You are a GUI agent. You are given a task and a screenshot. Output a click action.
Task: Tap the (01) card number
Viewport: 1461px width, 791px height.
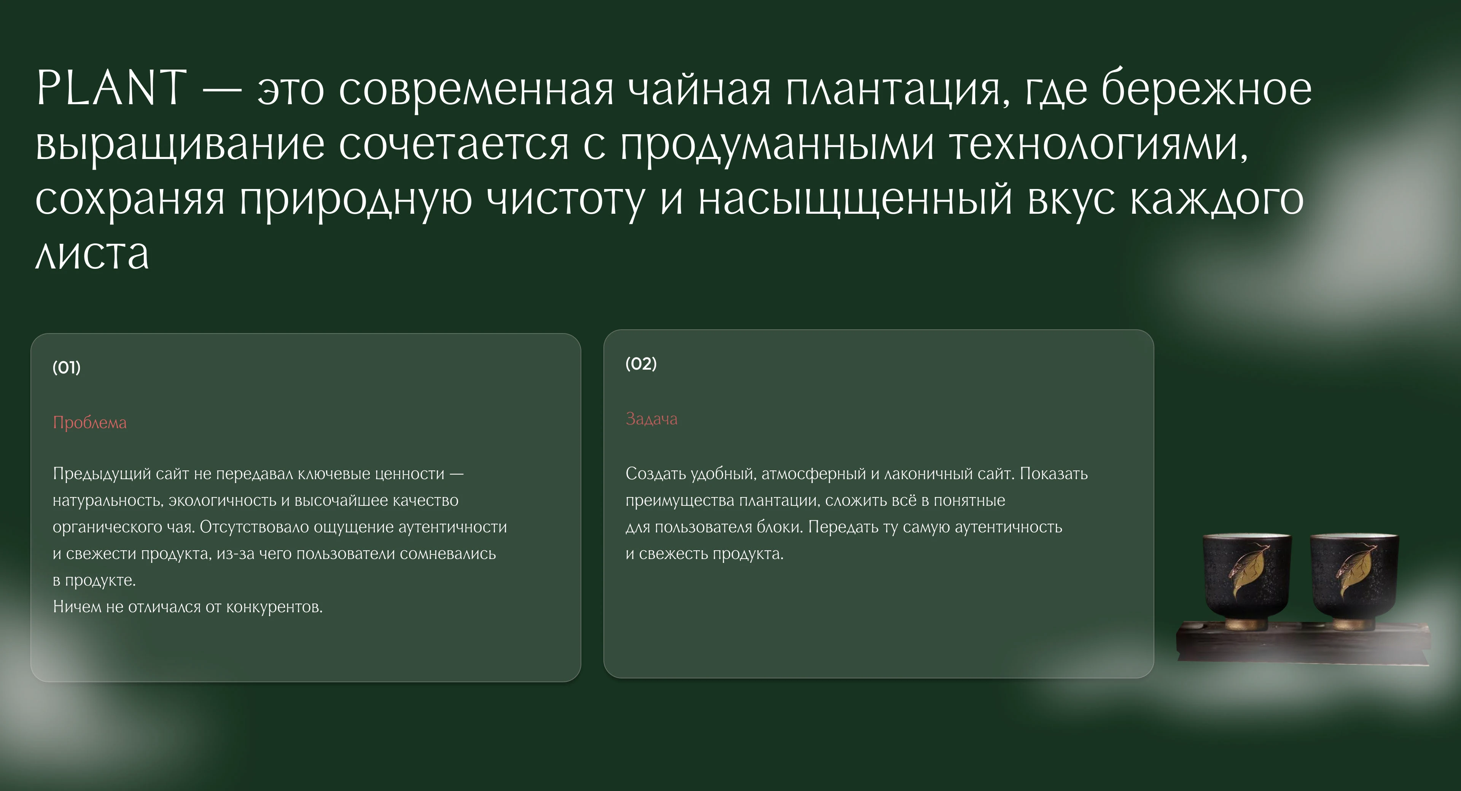(x=66, y=367)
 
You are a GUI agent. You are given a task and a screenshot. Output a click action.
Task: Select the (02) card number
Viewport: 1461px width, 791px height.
(x=641, y=364)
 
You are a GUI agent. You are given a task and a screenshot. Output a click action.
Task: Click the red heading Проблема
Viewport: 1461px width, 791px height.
(x=90, y=423)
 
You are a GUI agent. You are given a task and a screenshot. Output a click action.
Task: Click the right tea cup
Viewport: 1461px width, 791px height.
(x=1354, y=581)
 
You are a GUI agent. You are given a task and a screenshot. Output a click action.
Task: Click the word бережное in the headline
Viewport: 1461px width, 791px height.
(x=1207, y=89)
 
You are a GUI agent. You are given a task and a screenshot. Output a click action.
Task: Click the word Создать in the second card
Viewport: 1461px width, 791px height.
(x=656, y=473)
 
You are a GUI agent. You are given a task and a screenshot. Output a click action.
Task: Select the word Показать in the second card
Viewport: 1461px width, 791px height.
(x=1054, y=473)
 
